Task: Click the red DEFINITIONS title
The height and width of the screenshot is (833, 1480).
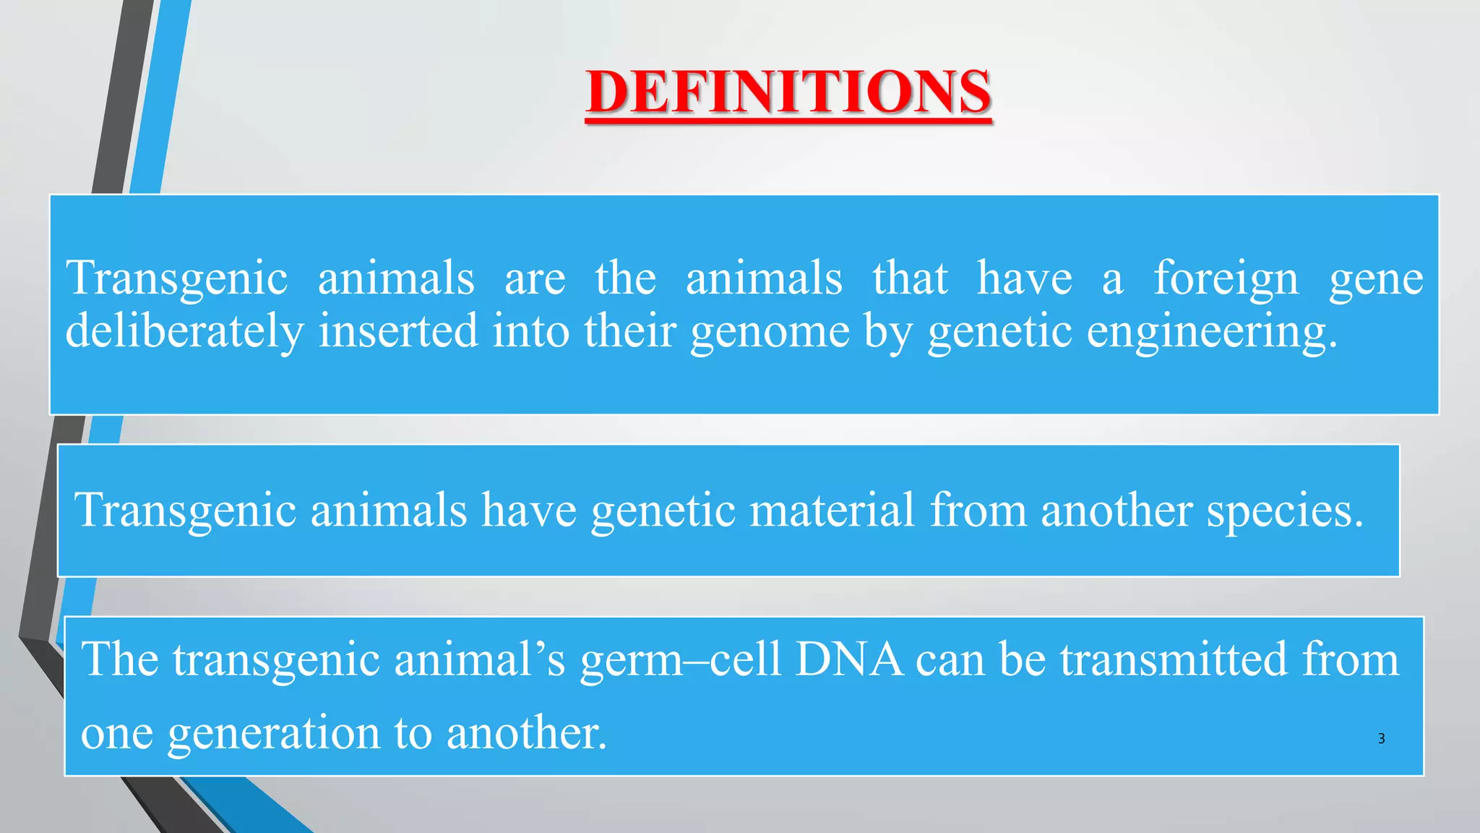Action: click(788, 92)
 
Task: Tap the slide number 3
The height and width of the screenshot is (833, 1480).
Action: click(1381, 738)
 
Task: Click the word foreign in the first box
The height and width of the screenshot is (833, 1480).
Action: click(1226, 278)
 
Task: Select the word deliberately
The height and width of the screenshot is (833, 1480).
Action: click(184, 331)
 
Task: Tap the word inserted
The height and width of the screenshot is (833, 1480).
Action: click(398, 331)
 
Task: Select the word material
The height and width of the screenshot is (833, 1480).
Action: click(832, 510)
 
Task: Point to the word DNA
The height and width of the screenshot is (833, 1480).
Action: click(849, 659)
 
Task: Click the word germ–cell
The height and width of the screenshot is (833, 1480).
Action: click(680, 661)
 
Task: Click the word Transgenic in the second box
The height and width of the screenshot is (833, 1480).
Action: click(185, 511)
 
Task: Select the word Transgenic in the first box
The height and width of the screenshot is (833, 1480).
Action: click(177, 278)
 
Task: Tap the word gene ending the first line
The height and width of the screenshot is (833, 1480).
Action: click(1376, 280)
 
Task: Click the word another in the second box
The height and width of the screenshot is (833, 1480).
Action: click(1117, 510)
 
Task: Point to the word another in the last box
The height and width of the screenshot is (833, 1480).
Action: click(526, 732)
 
